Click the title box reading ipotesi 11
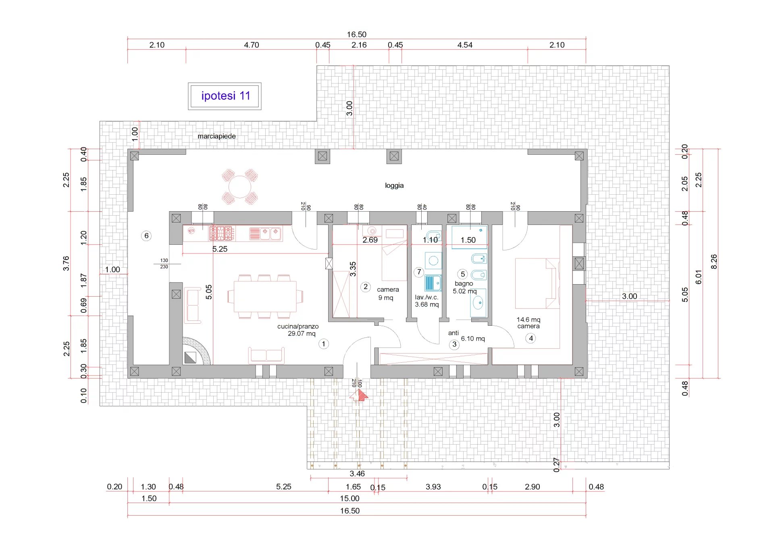click(x=225, y=96)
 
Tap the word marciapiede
click(x=216, y=136)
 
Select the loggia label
click(x=394, y=185)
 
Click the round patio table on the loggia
click(x=240, y=187)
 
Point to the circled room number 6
click(x=146, y=236)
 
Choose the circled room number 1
click(x=324, y=344)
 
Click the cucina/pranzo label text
click(x=298, y=327)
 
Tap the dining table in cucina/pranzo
click(x=265, y=296)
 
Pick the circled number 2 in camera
click(x=366, y=287)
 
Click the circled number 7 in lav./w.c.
click(x=419, y=272)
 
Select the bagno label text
click(x=464, y=284)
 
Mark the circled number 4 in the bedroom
click(x=531, y=338)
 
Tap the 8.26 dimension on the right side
click(x=714, y=262)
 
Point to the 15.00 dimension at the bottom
click(x=350, y=499)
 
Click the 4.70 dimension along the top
click(x=252, y=45)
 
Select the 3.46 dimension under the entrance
click(x=357, y=474)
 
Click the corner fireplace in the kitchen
click(x=196, y=351)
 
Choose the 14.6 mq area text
click(x=528, y=320)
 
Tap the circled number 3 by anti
click(x=454, y=345)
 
